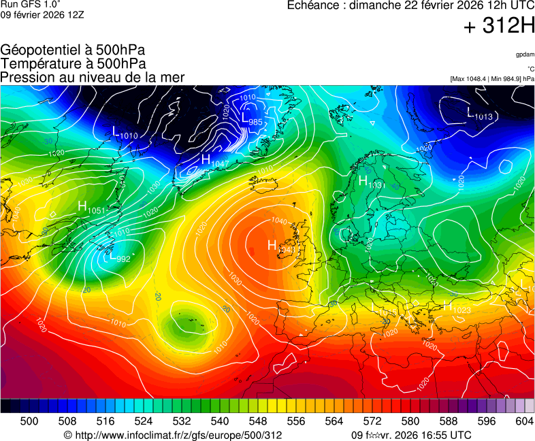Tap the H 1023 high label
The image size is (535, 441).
tap(457, 308)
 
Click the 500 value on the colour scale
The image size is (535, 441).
tap(29, 421)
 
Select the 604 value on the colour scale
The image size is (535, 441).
tap(524, 421)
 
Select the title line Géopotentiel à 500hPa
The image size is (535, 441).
tap(73, 50)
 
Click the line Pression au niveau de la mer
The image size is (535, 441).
tap(92, 77)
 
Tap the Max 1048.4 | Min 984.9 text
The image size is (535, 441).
tap(491, 79)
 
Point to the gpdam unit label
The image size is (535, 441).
tap(524, 54)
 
